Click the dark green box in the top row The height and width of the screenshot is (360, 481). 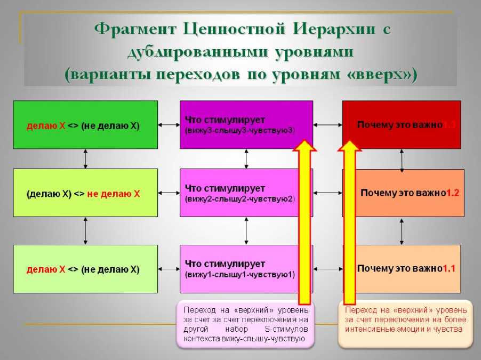[85, 125]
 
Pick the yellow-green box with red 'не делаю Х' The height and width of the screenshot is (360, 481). [85, 193]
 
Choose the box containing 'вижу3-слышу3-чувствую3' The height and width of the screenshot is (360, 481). [246, 125]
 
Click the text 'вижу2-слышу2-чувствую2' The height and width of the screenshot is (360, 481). [239, 199]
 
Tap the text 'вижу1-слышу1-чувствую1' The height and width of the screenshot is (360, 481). [239, 275]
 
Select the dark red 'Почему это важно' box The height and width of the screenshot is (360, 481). [401, 125]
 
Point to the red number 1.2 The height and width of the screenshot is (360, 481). [452, 193]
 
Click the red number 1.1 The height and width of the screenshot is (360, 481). [448, 268]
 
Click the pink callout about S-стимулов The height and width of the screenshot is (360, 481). [246, 324]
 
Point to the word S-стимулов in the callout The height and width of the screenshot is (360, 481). [286, 329]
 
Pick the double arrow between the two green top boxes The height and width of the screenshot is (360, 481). [85, 158]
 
